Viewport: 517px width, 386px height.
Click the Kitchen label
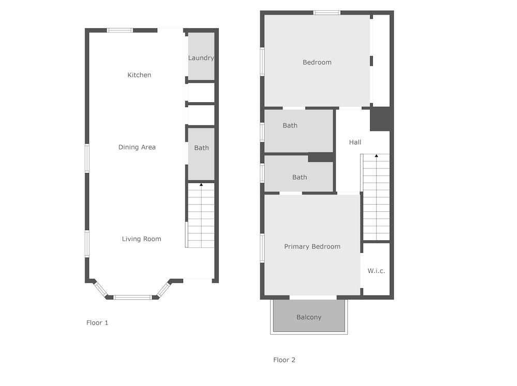click(x=139, y=75)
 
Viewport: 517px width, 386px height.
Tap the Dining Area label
click(x=137, y=147)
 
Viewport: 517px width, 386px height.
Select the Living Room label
click(x=142, y=239)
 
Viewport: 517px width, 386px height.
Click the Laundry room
click(x=201, y=56)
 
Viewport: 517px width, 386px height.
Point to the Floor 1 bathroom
click(x=201, y=154)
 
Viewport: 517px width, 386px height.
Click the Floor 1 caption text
click(x=97, y=323)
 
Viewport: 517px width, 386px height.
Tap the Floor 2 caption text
click(x=284, y=360)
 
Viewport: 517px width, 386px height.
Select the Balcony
click(x=309, y=316)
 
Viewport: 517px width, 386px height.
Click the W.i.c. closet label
click(x=376, y=271)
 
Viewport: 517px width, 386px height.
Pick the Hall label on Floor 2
click(x=355, y=143)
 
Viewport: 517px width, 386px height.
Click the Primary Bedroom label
click(x=312, y=246)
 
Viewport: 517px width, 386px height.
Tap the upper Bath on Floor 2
click(x=299, y=131)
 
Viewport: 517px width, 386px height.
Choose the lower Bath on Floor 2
click(x=299, y=174)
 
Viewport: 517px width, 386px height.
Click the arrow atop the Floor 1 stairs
click(x=201, y=184)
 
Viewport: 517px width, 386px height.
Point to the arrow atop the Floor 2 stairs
click(x=376, y=156)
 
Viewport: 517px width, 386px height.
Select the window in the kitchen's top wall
click(x=120, y=30)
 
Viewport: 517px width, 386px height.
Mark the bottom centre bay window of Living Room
click(x=133, y=297)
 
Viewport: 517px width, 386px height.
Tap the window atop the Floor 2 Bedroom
click(x=327, y=13)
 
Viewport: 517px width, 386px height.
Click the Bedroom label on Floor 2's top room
click(x=317, y=63)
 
